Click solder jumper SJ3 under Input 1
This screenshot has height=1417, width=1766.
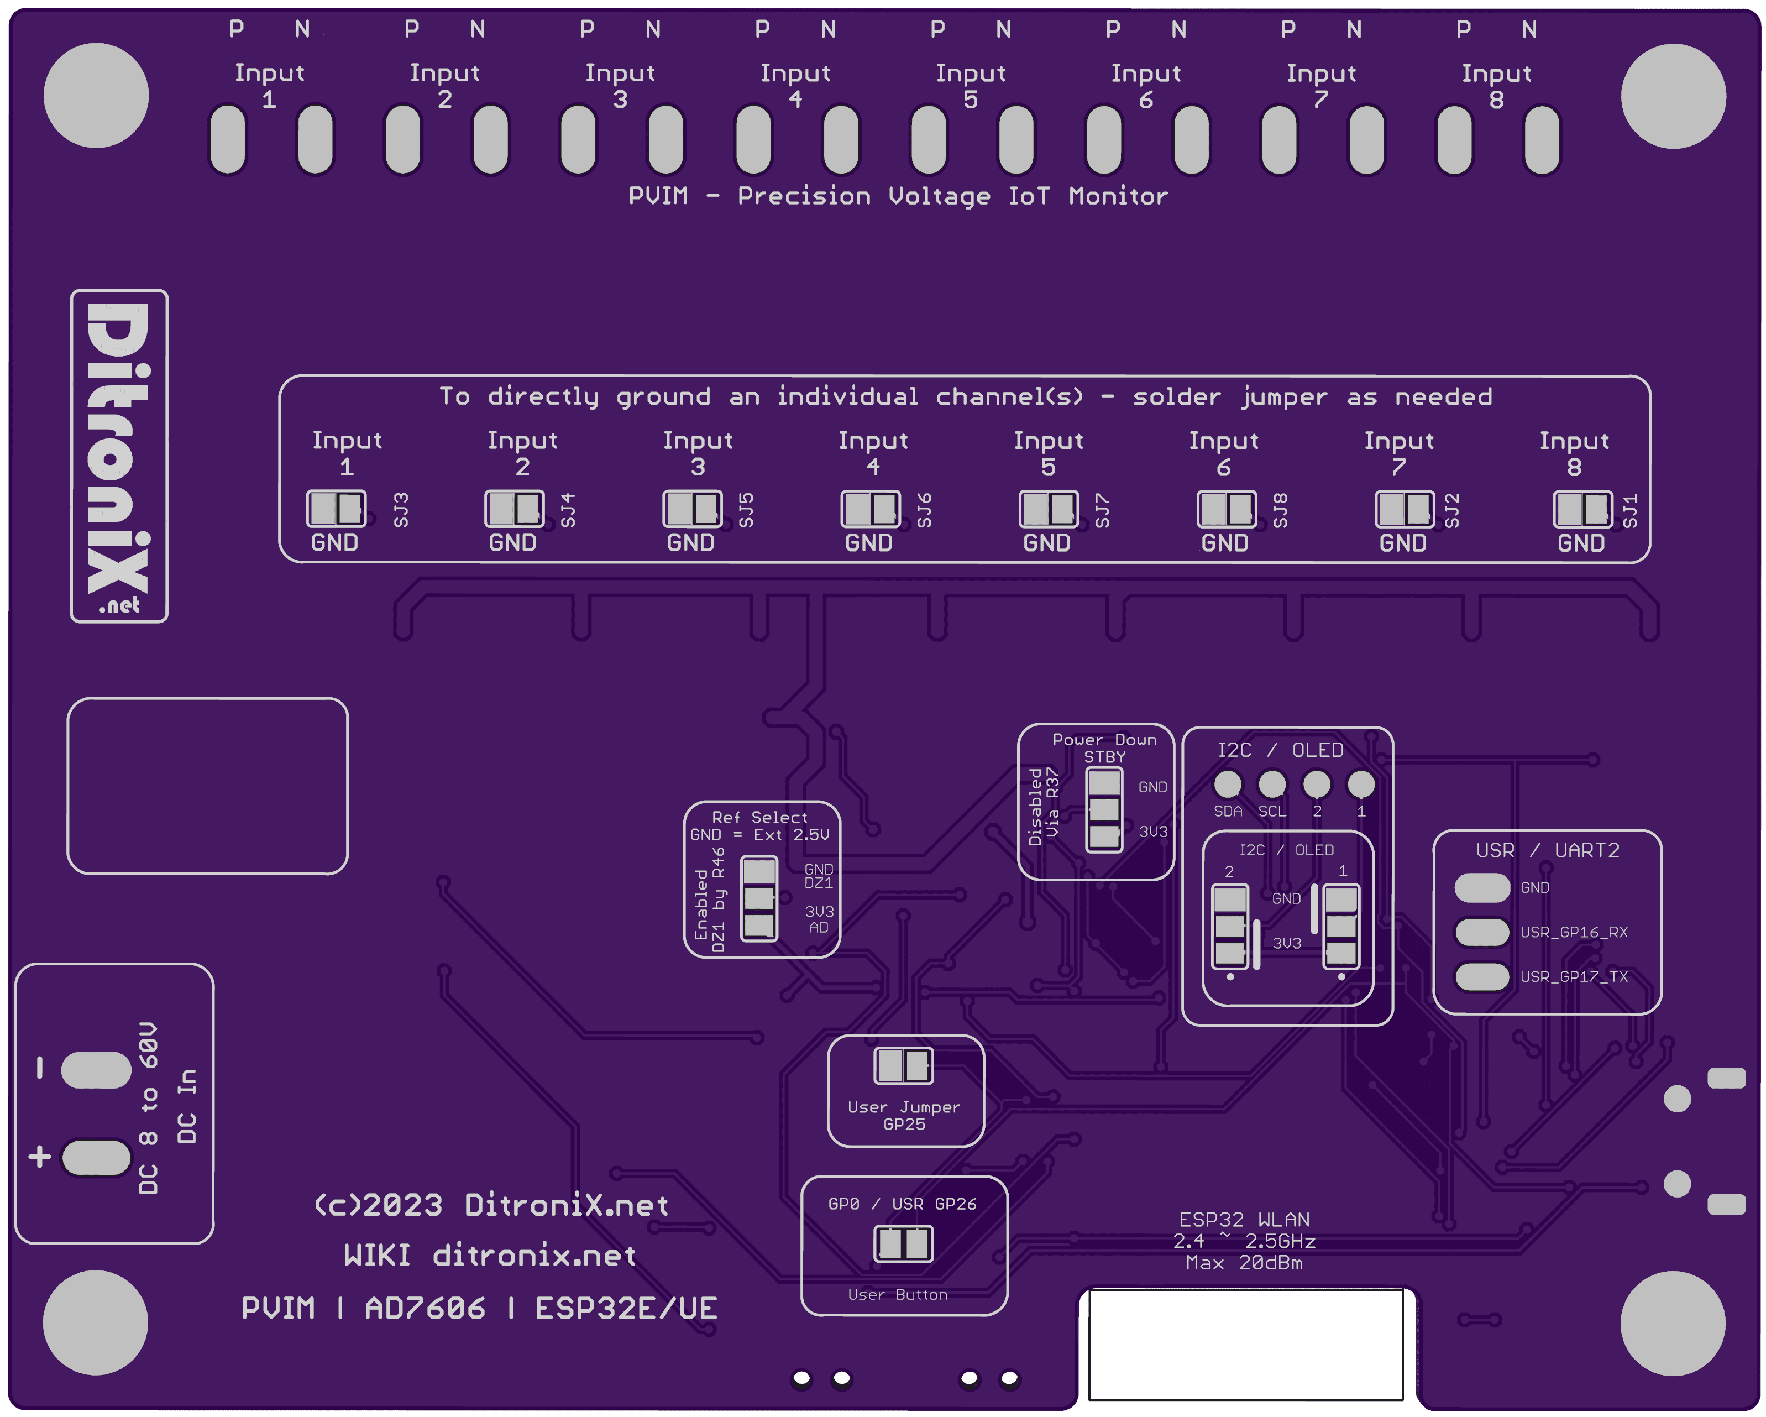click(x=336, y=509)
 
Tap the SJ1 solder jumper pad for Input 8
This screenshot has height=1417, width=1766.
click(x=1582, y=509)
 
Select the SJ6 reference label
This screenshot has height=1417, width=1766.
click(x=924, y=510)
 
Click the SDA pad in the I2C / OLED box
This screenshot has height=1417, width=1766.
click(x=1227, y=784)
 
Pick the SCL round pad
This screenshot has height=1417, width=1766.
click(x=1271, y=784)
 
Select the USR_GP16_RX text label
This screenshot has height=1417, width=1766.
click(x=1574, y=932)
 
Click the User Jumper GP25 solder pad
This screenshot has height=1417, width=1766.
click(x=904, y=1065)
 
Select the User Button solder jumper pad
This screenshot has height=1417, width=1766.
click(x=904, y=1244)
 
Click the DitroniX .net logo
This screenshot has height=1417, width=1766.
click(x=119, y=456)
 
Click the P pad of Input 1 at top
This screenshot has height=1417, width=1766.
click(x=228, y=139)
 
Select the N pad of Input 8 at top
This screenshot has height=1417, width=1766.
click(x=1542, y=139)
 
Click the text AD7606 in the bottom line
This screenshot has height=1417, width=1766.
click(x=425, y=1309)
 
